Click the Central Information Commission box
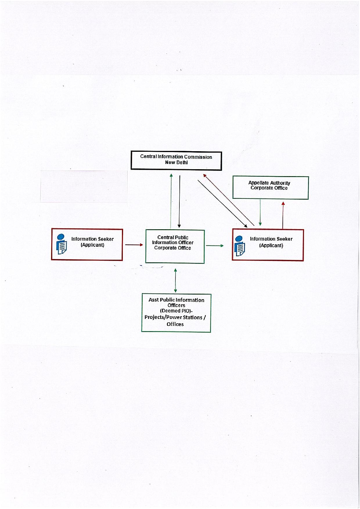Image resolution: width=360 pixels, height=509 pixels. click(x=176, y=160)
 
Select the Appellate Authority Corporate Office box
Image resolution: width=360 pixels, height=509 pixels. click(x=271, y=188)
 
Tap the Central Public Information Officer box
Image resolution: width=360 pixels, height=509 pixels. click(x=175, y=247)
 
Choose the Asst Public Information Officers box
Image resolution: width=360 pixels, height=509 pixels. click(x=176, y=313)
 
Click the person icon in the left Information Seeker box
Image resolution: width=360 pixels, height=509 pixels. click(x=61, y=244)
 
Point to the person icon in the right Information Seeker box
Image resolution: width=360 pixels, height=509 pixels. click(x=240, y=246)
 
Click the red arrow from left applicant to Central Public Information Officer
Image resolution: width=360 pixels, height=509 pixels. click(x=134, y=245)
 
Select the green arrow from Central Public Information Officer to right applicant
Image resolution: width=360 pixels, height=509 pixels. click(x=215, y=246)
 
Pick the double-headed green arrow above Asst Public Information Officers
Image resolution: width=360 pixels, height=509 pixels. click(x=175, y=281)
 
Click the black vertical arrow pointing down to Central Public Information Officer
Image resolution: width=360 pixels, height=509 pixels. click(x=179, y=201)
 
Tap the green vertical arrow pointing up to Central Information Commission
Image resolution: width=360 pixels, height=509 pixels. click(x=171, y=201)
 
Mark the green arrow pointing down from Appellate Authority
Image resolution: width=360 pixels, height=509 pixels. click(x=260, y=212)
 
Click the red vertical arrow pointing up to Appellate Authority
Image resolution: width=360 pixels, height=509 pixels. click(x=283, y=215)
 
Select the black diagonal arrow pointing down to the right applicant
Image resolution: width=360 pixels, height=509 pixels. click(x=222, y=204)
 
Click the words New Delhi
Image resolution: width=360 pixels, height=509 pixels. click(x=176, y=163)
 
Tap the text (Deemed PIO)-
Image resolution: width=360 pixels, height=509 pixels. click(x=176, y=311)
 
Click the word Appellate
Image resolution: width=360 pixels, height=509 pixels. click(x=258, y=183)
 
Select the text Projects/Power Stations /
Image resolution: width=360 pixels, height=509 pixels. click(x=175, y=317)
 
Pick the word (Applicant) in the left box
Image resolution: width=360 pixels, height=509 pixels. click(x=92, y=245)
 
